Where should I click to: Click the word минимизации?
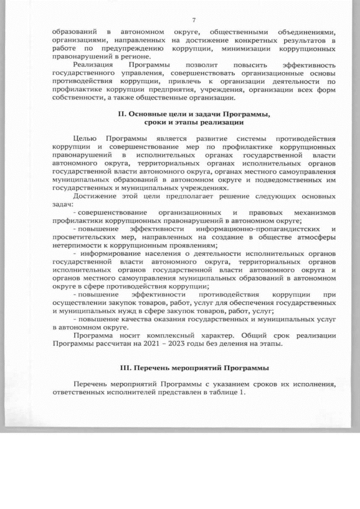(x=253, y=49)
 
